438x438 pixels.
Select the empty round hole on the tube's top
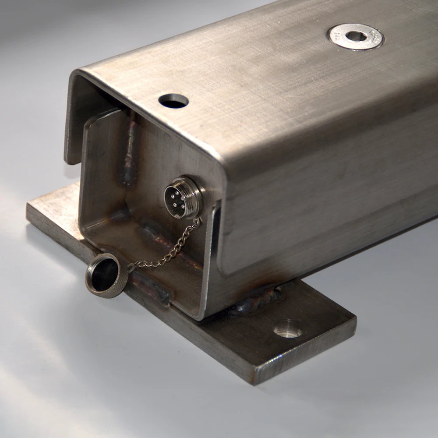(173, 101)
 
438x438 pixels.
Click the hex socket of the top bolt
(355, 36)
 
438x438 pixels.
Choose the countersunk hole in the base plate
(287, 328)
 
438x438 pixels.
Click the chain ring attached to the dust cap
(131, 267)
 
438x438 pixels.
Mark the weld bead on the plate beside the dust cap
(151, 289)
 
